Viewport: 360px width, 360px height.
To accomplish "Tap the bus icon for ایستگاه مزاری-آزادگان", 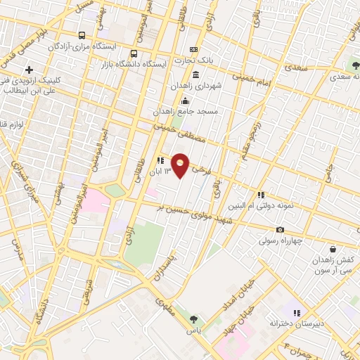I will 82,35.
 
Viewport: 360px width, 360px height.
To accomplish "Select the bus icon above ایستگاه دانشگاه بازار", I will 134,53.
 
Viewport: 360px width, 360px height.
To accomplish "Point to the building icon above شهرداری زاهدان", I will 195,75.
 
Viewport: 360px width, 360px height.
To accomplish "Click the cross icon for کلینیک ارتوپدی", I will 29,70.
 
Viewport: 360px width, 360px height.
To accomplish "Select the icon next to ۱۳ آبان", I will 160,161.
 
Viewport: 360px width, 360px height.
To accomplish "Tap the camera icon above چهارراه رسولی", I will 281,230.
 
